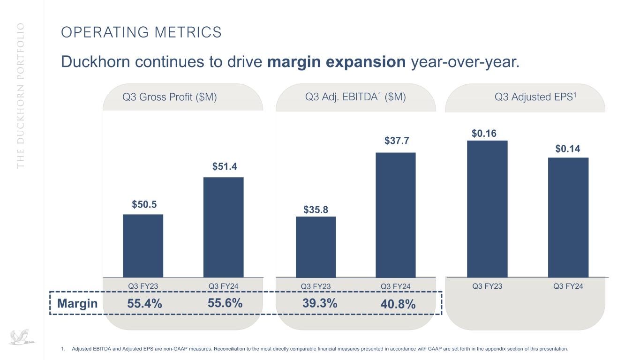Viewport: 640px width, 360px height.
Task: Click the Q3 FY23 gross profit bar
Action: pos(143,246)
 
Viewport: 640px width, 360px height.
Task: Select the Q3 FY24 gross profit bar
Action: pos(223,227)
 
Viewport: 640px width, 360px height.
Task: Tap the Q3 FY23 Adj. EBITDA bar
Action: pos(316,247)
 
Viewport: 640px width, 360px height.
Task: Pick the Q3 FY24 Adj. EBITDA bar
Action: pos(396,215)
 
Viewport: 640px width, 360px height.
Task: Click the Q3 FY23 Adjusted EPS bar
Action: pos(487,209)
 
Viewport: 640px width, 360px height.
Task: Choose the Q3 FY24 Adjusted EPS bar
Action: pos(568,217)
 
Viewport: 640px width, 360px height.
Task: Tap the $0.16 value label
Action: pos(484,134)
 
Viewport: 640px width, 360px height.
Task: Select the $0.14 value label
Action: pos(568,149)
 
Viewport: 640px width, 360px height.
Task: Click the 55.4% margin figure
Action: pos(144,304)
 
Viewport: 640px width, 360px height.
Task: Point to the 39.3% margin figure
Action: pos(320,303)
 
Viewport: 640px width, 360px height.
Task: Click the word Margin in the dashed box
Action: pos(77,304)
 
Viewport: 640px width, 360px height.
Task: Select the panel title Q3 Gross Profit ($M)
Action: pos(169,97)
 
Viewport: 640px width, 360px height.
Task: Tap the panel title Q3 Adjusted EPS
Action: pos(535,97)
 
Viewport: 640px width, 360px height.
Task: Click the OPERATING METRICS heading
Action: pos(141,32)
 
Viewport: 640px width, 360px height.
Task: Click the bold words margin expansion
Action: pos(336,61)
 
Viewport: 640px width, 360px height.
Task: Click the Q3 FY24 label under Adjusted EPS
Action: pos(567,286)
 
